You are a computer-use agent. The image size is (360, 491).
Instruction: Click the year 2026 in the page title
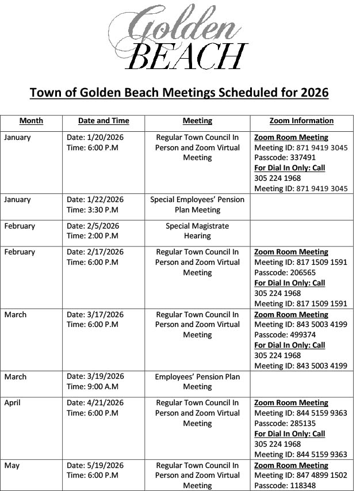point(311,93)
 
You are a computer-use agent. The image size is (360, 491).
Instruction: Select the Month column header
point(31,121)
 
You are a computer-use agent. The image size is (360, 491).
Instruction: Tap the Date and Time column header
point(104,121)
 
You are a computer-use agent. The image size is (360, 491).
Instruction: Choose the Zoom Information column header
point(301,121)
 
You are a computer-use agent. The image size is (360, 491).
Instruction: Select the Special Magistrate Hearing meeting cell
point(197,231)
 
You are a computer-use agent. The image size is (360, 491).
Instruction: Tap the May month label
point(12,465)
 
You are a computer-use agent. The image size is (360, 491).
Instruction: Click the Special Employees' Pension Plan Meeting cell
point(197,205)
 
